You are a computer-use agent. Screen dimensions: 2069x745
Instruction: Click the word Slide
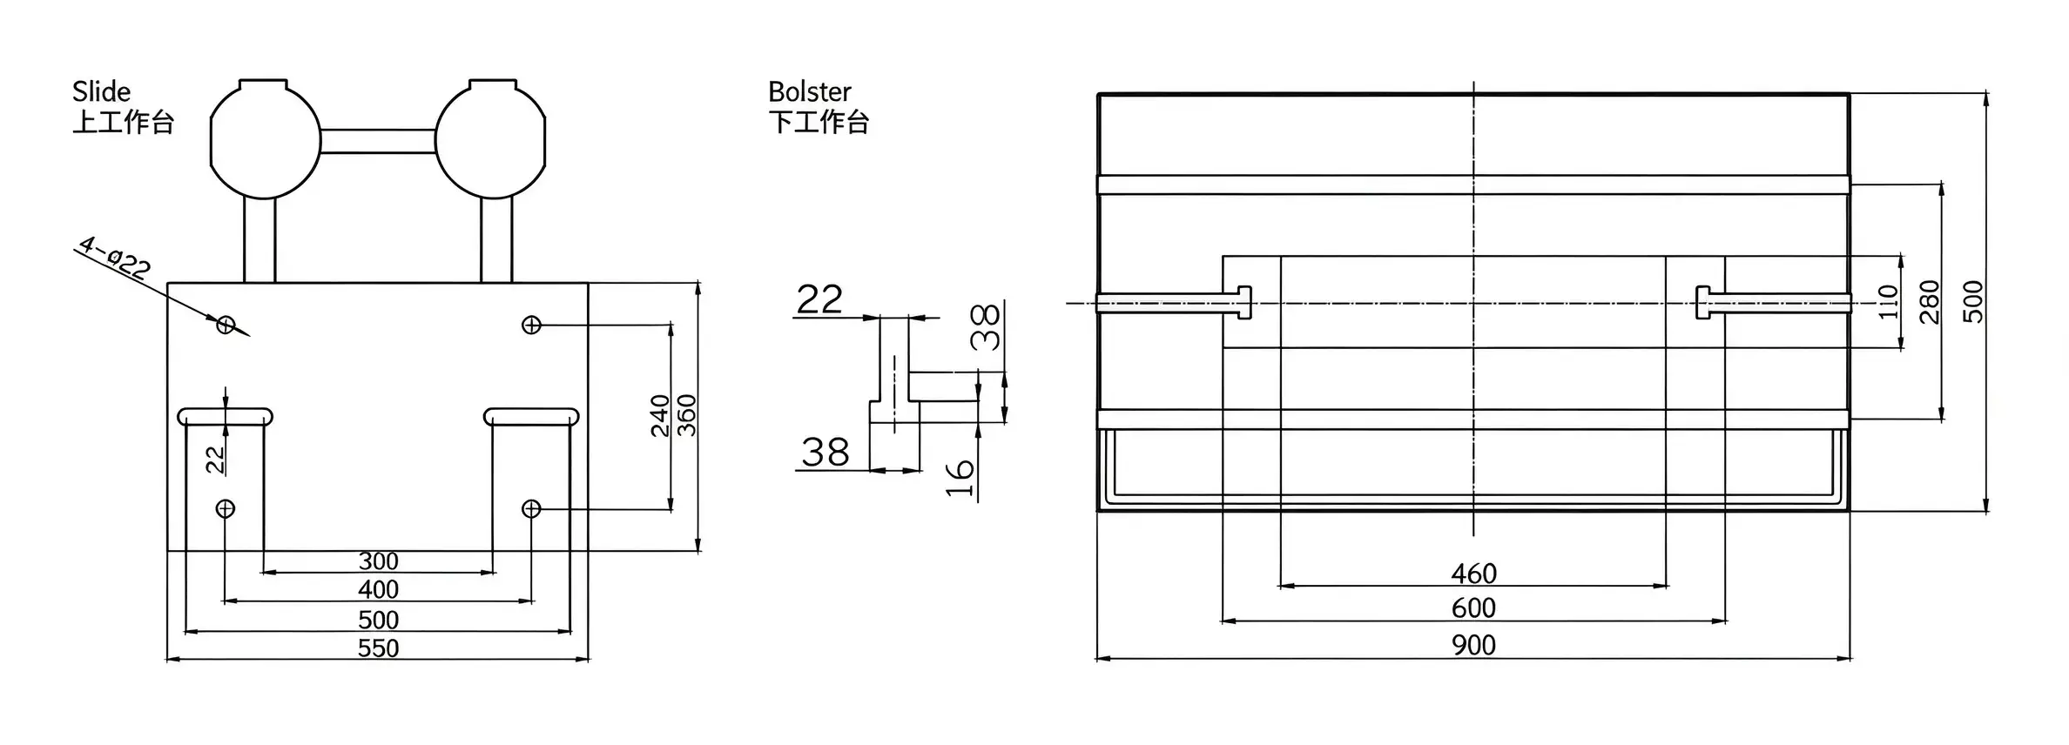(x=101, y=91)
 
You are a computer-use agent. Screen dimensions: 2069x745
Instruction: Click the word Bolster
(x=810, y=91)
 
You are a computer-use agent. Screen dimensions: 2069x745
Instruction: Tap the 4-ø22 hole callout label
(x=114, y=257)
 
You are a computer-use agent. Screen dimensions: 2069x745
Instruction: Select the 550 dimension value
(x=378, y=648)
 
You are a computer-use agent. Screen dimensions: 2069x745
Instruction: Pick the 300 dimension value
(x=378, y=560)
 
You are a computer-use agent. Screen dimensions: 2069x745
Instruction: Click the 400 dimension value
(x=378, y=589)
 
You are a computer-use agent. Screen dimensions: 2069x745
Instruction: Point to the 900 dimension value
(x=1473, y=645)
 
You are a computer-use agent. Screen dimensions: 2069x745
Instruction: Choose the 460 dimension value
(x=1473, y=574)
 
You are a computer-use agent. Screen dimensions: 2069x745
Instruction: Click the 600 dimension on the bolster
(x=1473, y=607)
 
